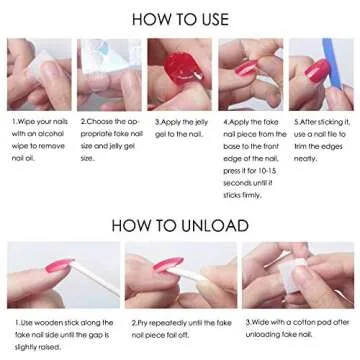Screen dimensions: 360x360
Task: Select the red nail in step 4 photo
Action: click(x=247, y=72)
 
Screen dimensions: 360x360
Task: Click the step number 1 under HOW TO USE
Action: click(x=14, y=122)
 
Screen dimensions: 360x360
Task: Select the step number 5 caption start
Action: click(x=296, y=122)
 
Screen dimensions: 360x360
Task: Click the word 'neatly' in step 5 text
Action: click(x=306, y=157)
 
